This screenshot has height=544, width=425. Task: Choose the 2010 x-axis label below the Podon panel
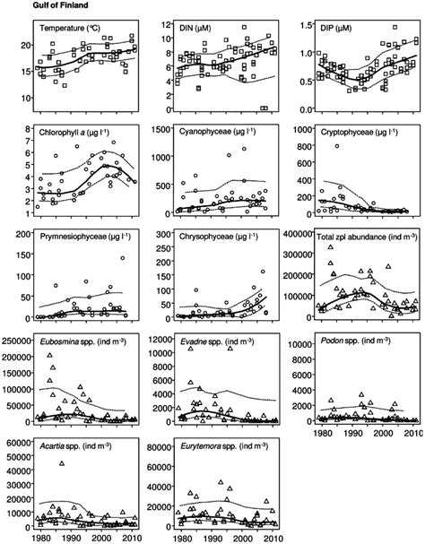click(x=413, y=433)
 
